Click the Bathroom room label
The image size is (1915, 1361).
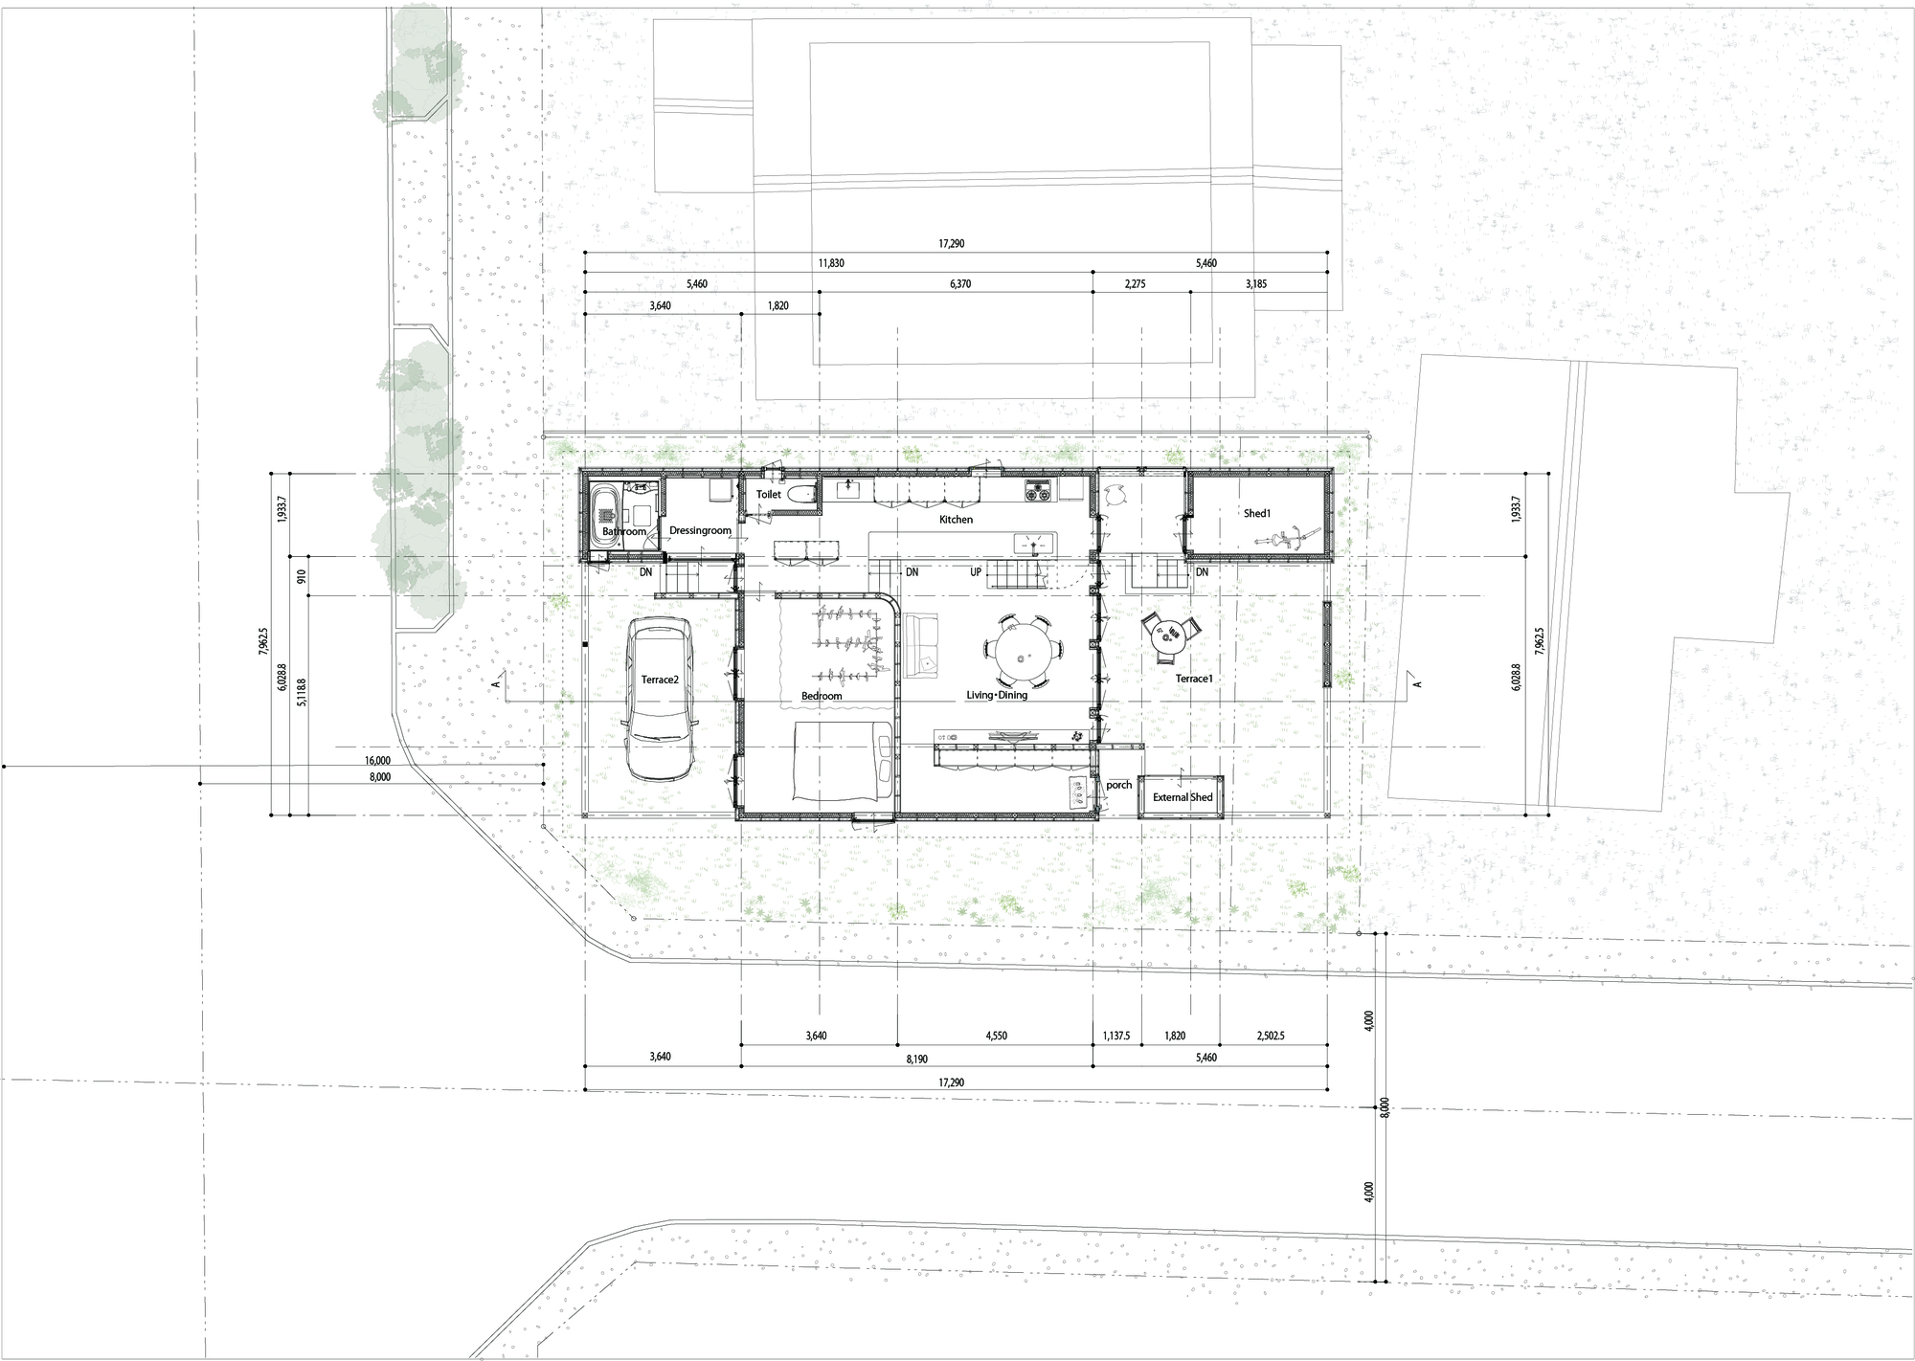(624, 531)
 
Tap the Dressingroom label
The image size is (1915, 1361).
(700, 530)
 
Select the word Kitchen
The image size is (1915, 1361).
(956, 520)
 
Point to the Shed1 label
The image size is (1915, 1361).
(1257, 513)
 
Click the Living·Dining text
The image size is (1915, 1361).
(997, 695)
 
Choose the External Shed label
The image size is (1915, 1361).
(1183, 797)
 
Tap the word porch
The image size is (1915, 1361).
(1118, 785)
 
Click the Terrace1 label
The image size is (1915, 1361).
(1194, 679)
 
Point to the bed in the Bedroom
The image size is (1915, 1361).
(844, 761)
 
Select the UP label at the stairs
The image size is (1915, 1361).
(976, 572)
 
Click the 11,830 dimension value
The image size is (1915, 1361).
(831, 263)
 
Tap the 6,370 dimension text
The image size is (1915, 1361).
(959, 284)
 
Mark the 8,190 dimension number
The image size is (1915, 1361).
(917, 1058)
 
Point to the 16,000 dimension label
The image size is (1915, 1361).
(377, 761)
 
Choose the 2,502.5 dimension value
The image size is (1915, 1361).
(1268, 1036)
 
